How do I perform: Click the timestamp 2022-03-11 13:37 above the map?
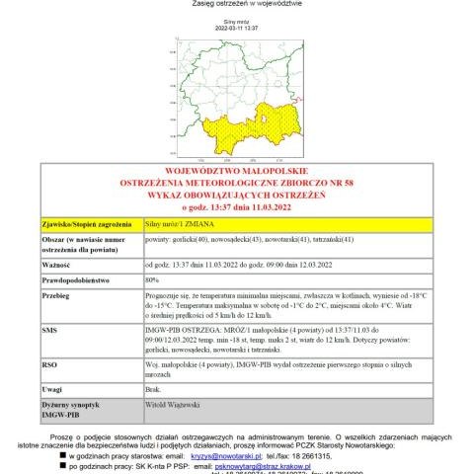pyautogui.click(x=236, y=29)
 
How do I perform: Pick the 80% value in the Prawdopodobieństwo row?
pyautogui.click(x=153, y=280)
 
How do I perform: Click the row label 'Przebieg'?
pyautogui.click(x=56, y=295)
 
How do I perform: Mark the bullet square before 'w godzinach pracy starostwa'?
pyautogui.click(x=62, y=456)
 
